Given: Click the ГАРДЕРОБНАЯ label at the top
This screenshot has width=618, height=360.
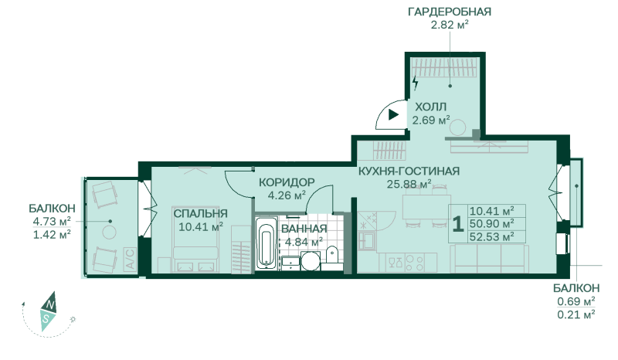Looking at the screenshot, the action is (450, 12).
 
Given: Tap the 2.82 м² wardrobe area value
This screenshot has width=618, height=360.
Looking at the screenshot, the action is (450, 25).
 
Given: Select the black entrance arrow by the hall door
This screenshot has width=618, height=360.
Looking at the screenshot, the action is (393, 115).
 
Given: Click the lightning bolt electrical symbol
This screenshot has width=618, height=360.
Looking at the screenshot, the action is (415, 83).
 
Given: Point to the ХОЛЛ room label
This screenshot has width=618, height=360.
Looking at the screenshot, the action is (431, 107).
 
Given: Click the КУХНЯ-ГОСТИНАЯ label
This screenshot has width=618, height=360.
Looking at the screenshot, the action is (409, 172).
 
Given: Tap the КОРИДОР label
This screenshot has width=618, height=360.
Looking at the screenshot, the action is (287, 182).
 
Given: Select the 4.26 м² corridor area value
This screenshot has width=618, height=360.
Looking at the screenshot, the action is (287, 195).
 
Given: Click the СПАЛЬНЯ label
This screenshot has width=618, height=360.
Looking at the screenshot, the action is (201, 213).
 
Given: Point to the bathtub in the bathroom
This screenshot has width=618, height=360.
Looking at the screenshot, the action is (267, 243).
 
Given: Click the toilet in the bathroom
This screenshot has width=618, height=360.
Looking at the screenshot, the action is (332, 257).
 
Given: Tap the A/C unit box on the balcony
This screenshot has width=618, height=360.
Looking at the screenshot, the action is (130, 259).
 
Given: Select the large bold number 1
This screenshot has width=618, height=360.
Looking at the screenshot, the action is (457, 224).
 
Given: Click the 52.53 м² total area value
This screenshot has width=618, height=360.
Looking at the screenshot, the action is (491, 237).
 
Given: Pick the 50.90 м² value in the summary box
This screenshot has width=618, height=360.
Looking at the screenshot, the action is (491, 224).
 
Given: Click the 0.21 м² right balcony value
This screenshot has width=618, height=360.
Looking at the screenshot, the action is (576, 314).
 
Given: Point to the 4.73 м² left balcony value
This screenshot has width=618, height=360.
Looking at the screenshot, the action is (52, 221).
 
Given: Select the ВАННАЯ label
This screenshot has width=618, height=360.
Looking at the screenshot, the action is (304, 229).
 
